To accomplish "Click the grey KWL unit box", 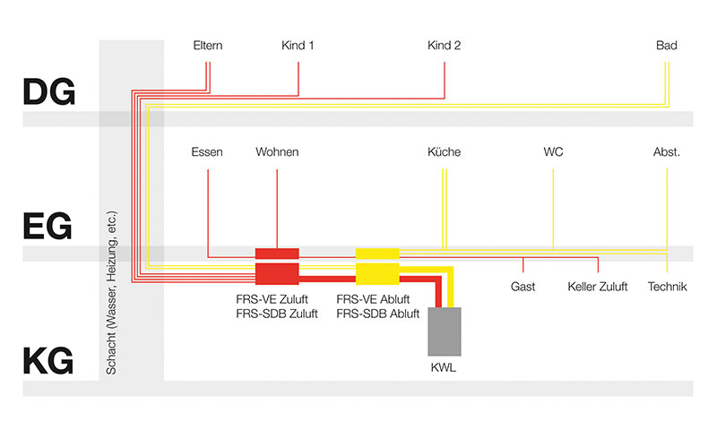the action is (445, 331).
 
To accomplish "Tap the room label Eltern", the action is (208, 46).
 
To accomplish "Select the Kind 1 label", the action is (298, 46).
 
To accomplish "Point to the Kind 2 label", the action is (444, 46).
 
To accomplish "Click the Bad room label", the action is (666, 46).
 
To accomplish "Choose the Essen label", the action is (207, 152).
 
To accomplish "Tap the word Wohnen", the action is (277, 152).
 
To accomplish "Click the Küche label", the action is (444, 152).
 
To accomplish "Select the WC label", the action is (553, 152).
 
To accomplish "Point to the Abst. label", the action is (667, 152).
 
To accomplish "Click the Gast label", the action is (523, 287).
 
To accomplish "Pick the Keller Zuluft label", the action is (598, 287).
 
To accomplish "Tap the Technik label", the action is (667, 287).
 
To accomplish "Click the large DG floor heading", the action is (49, 92).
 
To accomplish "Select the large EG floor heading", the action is (48, 226).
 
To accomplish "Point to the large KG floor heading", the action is (48, 360).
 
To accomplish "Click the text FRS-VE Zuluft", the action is (272, 299).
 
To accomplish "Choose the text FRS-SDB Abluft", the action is (377, 314).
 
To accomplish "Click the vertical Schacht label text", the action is (111, 292).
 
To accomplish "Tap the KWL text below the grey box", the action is (444, 368).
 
